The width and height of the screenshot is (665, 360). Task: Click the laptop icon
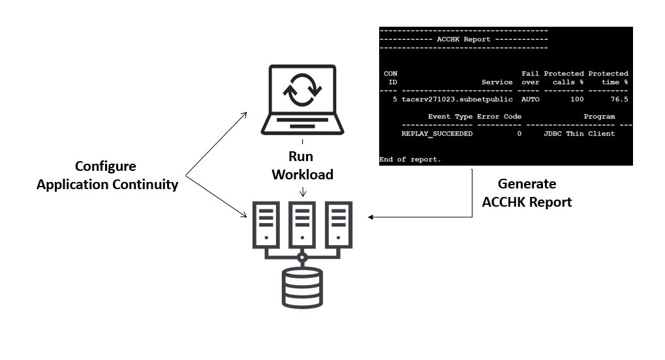[x=302, y=100]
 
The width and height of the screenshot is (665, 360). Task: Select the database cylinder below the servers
[x=302, y=287]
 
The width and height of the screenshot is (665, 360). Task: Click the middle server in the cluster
[x=302, y=226]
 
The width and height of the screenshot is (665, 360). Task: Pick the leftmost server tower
[x=265, y=226]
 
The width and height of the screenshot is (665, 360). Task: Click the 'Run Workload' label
[x=302, y=166]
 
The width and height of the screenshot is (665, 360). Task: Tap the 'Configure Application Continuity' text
[x=107, y=175]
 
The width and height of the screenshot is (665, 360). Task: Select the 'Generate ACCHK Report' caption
[x=527, y=193]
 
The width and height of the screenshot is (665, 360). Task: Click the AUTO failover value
[x=531, y=99]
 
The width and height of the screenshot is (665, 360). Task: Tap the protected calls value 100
[x=576, y=99]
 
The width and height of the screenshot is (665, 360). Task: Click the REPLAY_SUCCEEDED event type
[x=437, y=134]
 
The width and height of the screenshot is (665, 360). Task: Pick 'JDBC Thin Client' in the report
[x=579, y=134]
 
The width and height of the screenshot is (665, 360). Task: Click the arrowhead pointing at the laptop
[x=244, y=115]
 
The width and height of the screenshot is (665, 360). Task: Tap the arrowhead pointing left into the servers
[x=371, y=217]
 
